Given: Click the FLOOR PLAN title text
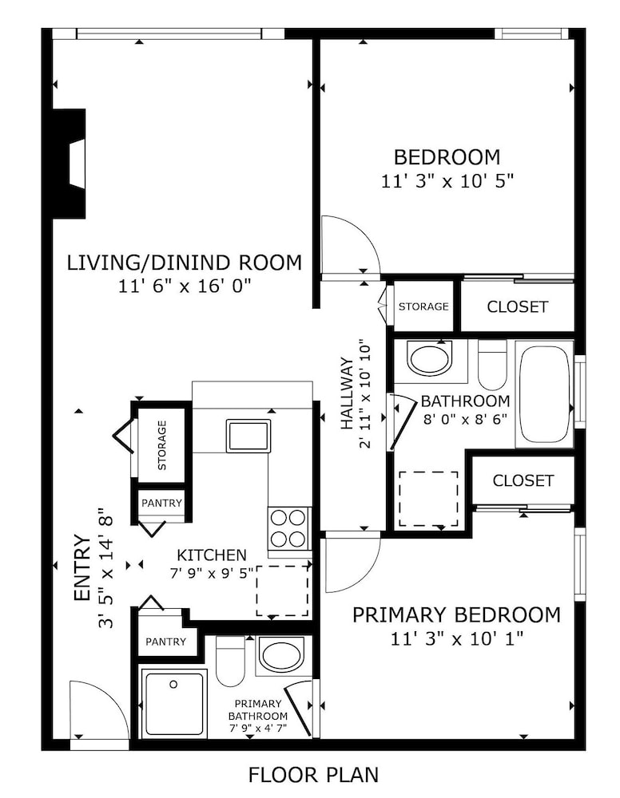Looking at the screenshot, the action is pos(313,775).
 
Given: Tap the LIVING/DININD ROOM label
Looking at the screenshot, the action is pos(185,263).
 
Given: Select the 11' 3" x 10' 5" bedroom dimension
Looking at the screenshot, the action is pos(447,180).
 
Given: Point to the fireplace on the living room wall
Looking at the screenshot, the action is pos(69,164).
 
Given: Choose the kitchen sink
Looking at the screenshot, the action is pos(248,435).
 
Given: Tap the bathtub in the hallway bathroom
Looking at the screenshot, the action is pos(545,394).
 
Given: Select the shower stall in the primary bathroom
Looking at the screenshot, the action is pos(174,703).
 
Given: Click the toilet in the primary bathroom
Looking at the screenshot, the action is pos(230,661).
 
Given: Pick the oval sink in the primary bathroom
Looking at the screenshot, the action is pos(282,654).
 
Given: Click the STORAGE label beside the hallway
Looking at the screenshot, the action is pos(423,306).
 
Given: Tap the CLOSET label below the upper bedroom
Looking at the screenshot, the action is pos(517,307).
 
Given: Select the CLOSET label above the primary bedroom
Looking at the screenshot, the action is pos(523,480).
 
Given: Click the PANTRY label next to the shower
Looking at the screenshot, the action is pos(165,642).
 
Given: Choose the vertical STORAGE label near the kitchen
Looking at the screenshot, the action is pos(162,444).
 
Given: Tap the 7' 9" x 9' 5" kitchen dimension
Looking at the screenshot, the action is pos(212,573).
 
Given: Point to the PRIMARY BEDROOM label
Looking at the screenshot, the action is pos(456,614).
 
